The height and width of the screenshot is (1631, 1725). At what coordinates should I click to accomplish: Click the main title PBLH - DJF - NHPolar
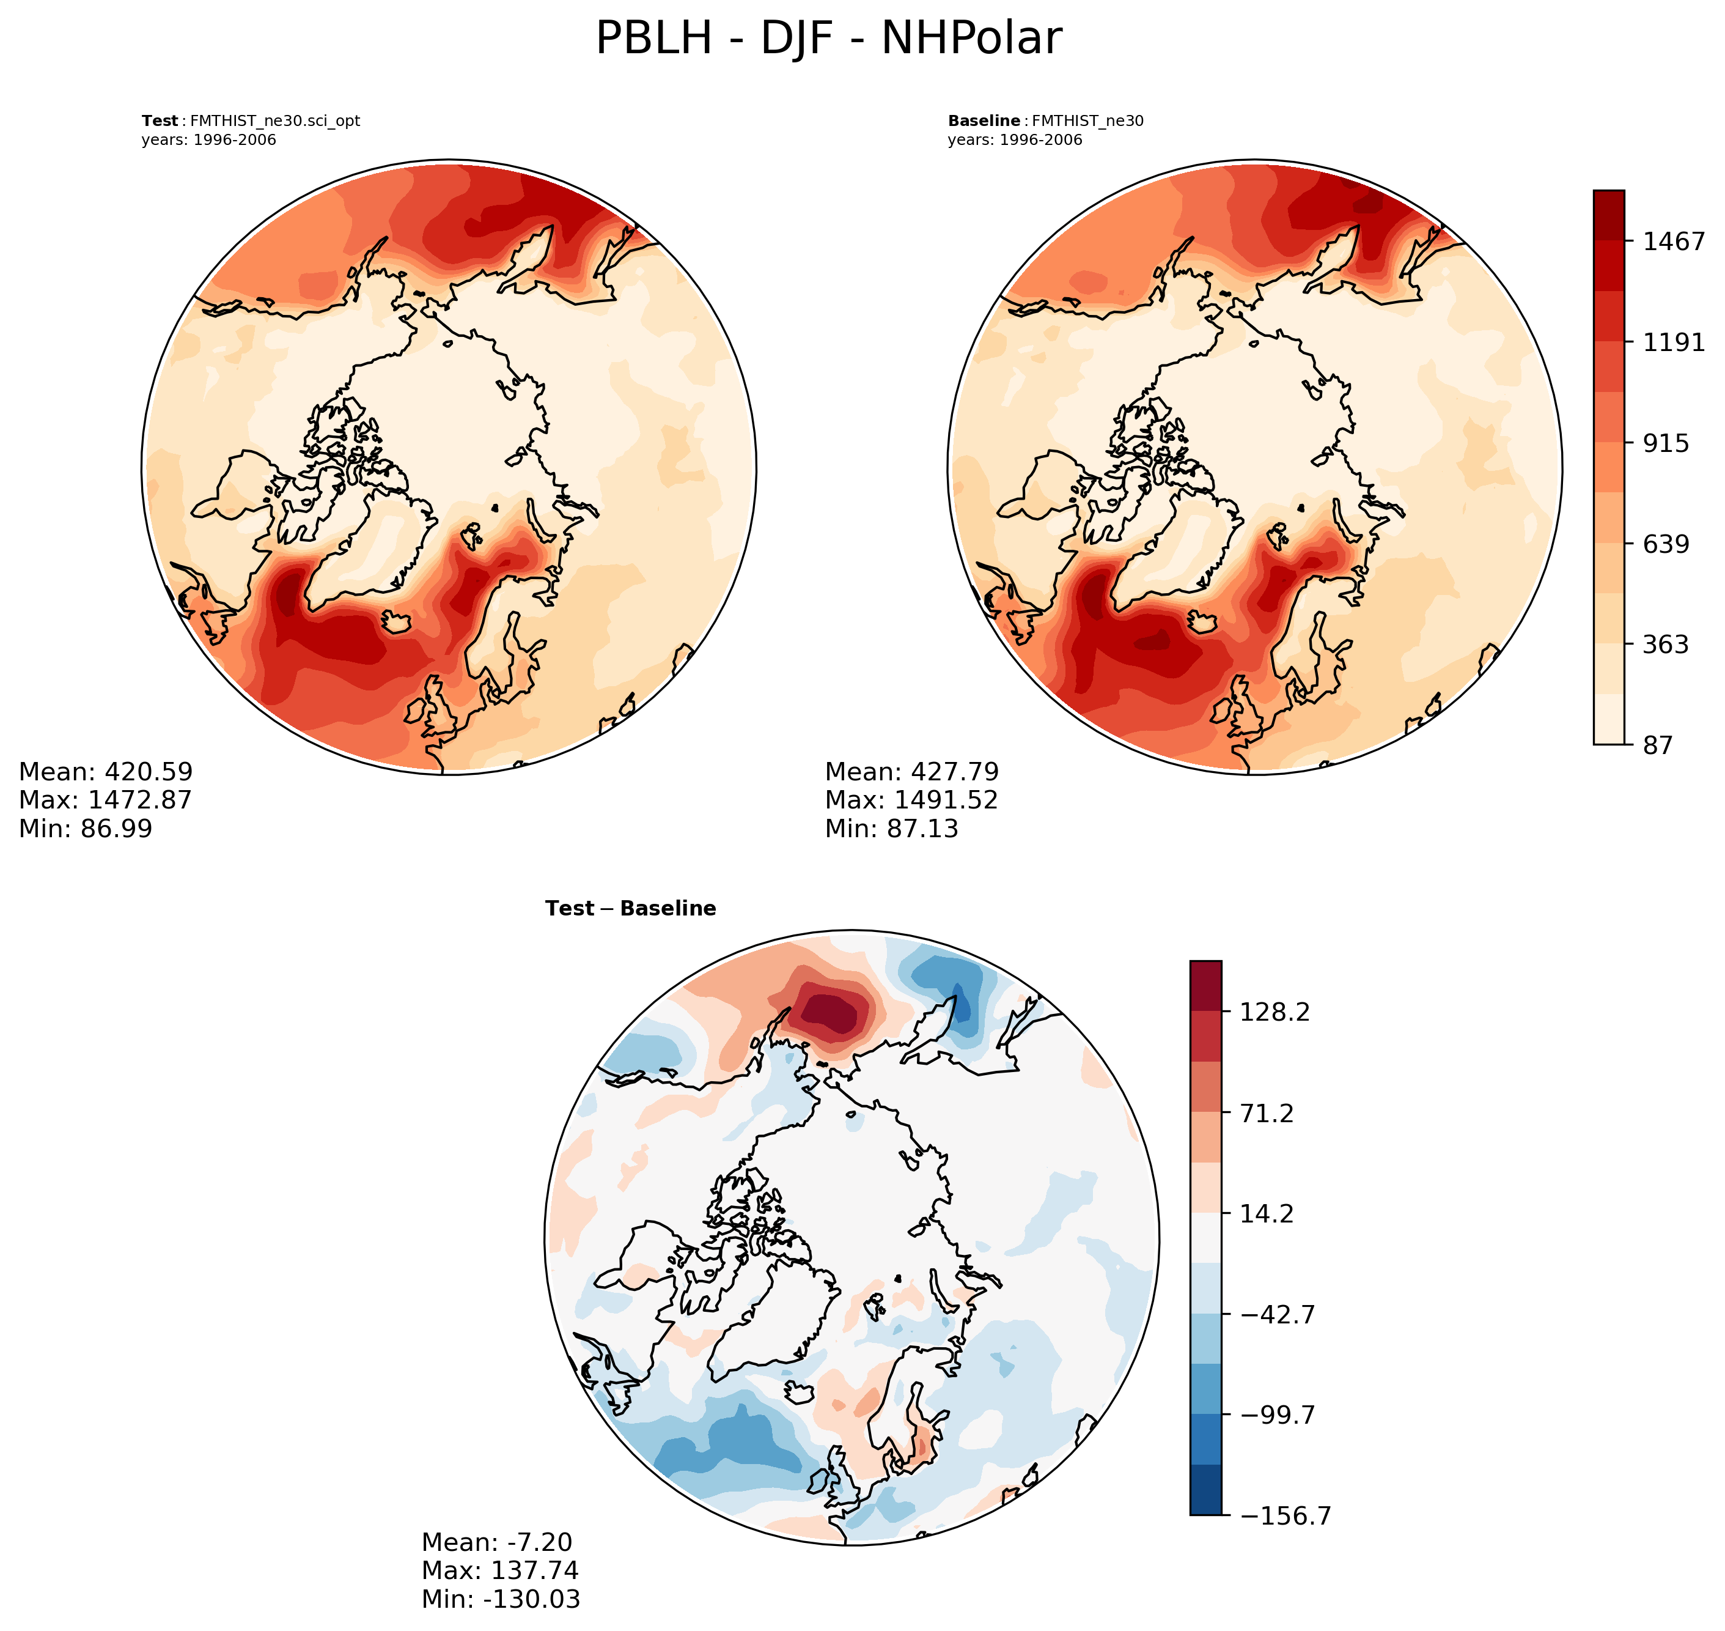[x=828, y=39]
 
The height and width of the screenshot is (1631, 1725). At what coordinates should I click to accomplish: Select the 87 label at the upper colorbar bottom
[x=1657, y=745]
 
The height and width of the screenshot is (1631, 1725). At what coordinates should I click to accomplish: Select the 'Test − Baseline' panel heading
[x=630, y=909]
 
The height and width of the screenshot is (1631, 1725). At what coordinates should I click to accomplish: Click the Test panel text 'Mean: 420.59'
[x=106, y=772]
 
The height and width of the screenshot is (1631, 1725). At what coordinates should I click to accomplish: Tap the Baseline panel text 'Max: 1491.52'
[x=911, y=800]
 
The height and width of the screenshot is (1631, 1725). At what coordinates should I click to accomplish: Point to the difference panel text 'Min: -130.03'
[x=501, y=1598]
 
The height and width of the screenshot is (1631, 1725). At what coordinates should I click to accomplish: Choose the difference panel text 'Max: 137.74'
[x=499, y=1570]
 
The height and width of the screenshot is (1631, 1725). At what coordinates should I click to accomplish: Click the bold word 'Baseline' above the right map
[x=984, y=121]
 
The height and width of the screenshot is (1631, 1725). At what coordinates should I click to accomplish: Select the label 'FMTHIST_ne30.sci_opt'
[x=274, y=121]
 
